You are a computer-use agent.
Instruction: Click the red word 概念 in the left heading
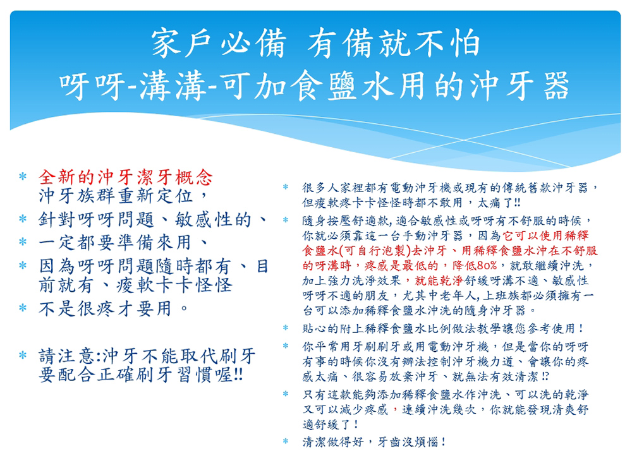[x=193, y=177]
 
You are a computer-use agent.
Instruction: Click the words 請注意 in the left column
[x=67, y=356]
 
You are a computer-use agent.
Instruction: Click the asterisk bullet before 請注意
[x=23, y=355]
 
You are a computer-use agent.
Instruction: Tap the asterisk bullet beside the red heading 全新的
[x=23, y=176]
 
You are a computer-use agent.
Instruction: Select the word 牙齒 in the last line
[x=389, y=442]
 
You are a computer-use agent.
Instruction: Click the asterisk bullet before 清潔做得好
[x=286, y=442]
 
